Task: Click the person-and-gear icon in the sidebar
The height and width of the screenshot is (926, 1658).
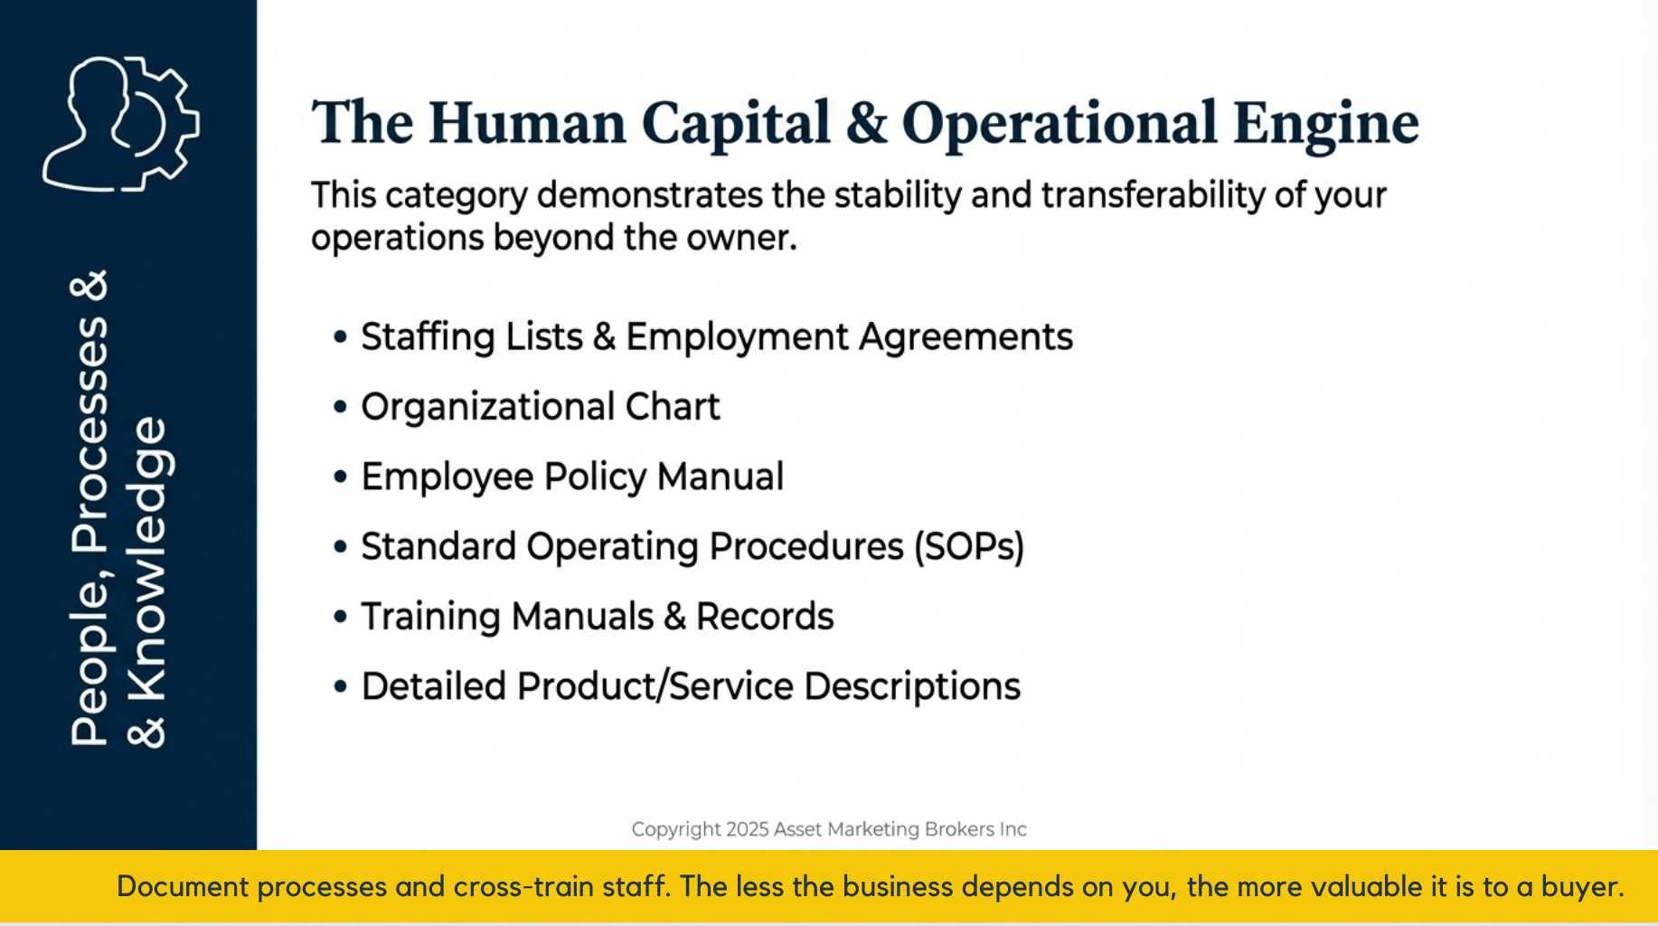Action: [121, 124]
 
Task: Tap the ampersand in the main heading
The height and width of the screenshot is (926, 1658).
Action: [866, 124]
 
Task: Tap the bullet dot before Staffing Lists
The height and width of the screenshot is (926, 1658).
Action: [340, 337]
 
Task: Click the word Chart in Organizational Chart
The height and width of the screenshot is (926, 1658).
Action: [673, 407]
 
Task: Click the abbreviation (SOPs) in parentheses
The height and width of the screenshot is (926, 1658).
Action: [968, 547]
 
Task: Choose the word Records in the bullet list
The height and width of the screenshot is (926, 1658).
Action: [765, 617]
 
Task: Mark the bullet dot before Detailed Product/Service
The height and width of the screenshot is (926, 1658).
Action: [340, 687]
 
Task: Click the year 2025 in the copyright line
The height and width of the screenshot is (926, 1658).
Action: [747, 829]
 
